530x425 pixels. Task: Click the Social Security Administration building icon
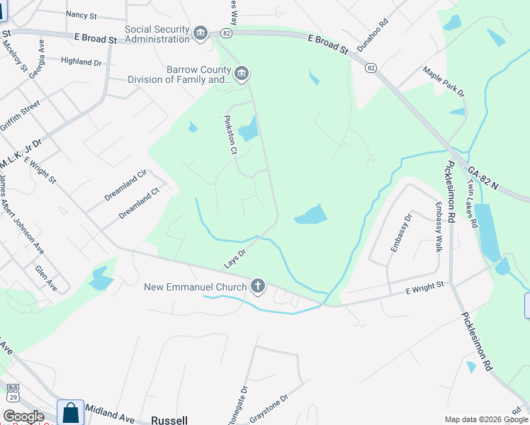pyautogui.click(x=201, y=33)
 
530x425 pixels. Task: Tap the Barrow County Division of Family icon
pyautogui.click(x=242, y=74)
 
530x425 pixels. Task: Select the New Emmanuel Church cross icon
pyautogui.click(x=259, y=286)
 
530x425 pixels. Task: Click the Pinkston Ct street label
pyautogui.click(x=230, y=135)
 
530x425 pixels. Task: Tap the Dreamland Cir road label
pyautogui.click(x=125, y=185)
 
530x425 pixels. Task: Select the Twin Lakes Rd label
pyautogui.click(x=471, y=203)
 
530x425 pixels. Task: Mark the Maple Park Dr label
pyautogui.click(x=444, y=81)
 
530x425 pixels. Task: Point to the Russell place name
pyautogui.click(x=171, y=420)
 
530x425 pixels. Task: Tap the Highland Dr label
pyautogui.click(x=81, y=62)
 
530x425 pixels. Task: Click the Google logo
pyautogui.click(x=23, y=416)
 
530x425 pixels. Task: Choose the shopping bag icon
pyautogui.click(x=71, y=412)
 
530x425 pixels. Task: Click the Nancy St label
pyautogui.click(x=80, y=14)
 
